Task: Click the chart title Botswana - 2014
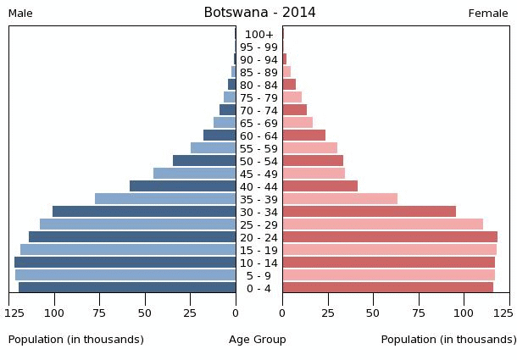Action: (259, 13)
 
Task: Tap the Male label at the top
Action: (20, 14)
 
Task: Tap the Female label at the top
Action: (488, 14)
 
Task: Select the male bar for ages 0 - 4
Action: (127, 288)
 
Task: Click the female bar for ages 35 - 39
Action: (340, 199)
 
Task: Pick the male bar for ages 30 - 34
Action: (144, 212)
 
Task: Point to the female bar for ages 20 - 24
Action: (390, 237)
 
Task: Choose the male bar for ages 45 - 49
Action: (194, 174)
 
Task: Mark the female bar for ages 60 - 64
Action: (303, 136)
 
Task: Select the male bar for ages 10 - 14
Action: (125, 263)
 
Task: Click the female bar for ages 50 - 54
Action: (313, 161)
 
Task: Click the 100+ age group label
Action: (258, 35)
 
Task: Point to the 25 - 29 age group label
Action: (258, 224)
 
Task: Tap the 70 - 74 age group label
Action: (258, 111)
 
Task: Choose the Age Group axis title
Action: (258, 340)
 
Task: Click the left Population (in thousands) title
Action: (76, 340)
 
